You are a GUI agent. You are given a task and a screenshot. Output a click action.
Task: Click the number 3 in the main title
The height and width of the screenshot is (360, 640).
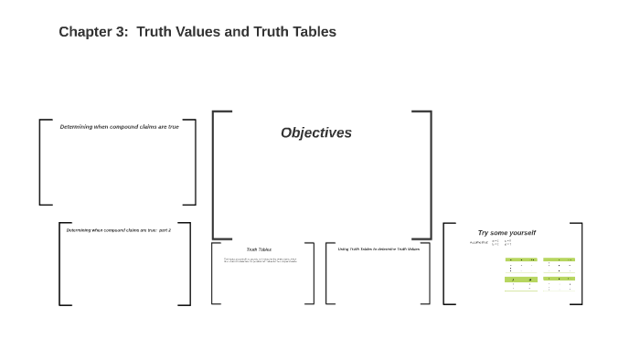pos(123,32)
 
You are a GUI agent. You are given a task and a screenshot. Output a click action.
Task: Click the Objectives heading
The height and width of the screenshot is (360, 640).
pos(316,133)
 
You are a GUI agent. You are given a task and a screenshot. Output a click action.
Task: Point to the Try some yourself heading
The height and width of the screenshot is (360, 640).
pos(507,233)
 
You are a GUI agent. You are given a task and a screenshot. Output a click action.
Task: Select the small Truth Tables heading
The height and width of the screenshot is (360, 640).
pos(259,249)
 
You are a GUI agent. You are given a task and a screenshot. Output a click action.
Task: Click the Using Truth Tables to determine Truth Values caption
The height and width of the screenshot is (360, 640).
pos(379,249)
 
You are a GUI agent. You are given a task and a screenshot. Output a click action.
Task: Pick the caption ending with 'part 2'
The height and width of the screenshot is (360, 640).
pos(118,230)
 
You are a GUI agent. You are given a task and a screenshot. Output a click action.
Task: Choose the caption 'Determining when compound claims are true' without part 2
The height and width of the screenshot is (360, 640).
pos(119,127)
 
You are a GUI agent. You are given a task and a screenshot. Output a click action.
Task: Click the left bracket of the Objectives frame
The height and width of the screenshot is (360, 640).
pos(215,174)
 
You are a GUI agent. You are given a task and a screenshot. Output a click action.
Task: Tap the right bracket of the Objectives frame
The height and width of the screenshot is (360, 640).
pos(429,174)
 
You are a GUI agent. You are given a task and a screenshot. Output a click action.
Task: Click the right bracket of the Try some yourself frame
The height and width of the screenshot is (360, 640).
pos(580,263)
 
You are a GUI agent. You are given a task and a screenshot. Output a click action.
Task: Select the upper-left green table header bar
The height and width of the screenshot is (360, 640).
pos(521,259)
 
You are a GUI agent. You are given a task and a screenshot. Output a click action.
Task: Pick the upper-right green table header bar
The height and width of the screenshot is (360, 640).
pos(559,259)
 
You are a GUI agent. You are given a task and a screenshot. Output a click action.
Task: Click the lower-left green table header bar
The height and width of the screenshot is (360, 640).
pos(521,280)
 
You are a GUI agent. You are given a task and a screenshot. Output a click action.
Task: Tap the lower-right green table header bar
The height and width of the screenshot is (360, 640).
pos(559,280)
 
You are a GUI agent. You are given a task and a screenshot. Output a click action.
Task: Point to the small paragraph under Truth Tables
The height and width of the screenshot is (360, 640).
pos(261,260)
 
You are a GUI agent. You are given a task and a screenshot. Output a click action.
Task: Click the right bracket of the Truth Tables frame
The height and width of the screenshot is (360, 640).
pos(312,273)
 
